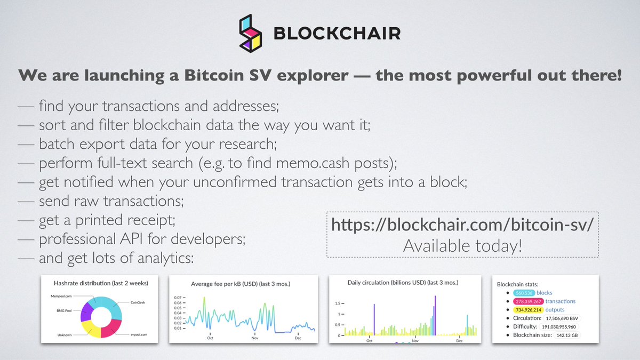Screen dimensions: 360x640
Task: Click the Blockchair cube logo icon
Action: coord(251,34)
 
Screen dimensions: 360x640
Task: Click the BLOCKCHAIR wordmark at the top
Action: coord(337,34)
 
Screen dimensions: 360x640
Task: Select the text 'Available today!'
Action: coord(462,246)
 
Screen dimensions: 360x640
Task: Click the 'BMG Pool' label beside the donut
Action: coord(67,309)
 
